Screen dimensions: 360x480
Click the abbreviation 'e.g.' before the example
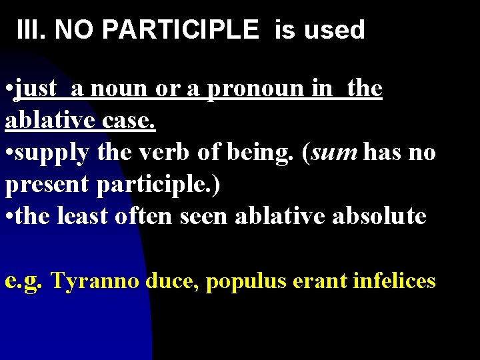click(24, 281)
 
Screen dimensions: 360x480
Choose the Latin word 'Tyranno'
click(95, 281)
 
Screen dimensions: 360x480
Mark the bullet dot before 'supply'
click(9, 153)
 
